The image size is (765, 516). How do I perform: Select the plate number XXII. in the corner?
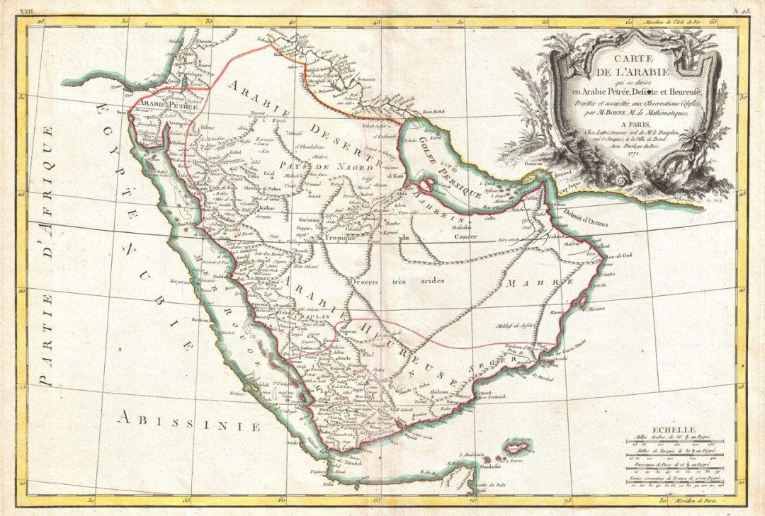[26, 10]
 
